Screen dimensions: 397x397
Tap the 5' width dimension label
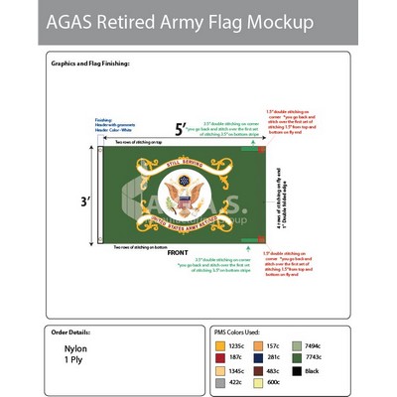[180, 129]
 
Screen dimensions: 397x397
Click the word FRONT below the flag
[180, 254]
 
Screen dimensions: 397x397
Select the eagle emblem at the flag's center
[181, 194]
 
